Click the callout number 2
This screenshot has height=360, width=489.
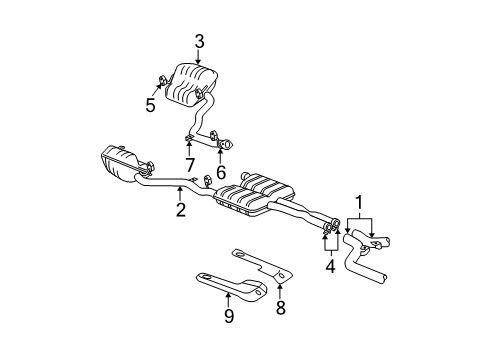181,209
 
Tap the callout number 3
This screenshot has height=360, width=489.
199,41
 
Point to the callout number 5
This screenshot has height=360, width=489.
150,103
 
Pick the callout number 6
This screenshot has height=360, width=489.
221,171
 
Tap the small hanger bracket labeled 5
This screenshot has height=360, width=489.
163,83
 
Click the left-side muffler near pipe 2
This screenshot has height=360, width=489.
122,165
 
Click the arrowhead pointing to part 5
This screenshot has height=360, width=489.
158,89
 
